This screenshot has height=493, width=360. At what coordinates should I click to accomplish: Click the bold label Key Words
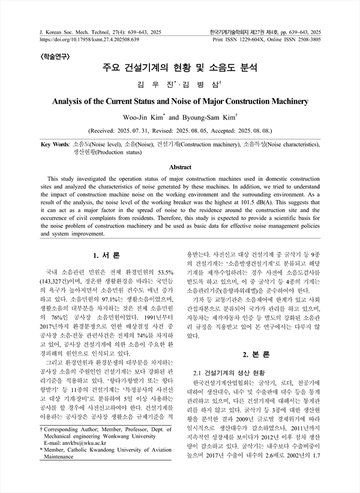[54, 145]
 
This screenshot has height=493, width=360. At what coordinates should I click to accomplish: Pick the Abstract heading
[180, 167]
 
